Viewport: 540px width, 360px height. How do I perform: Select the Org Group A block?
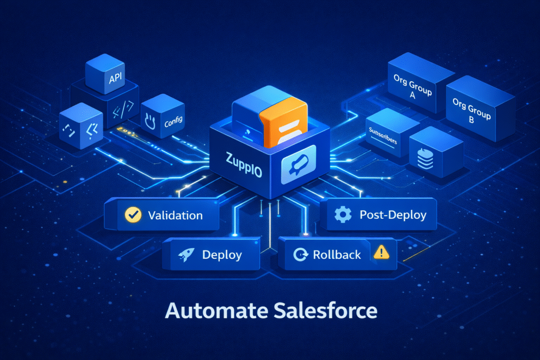point(412,86)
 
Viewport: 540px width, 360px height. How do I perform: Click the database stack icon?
point(425,158)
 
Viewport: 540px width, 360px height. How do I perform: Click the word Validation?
point(175,215)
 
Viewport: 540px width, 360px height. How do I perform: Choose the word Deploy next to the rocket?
point(222,255)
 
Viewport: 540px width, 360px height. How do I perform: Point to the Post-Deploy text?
point(393,215)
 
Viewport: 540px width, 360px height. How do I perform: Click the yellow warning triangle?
point(380,252)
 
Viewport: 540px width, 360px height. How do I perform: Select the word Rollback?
point(337,255)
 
